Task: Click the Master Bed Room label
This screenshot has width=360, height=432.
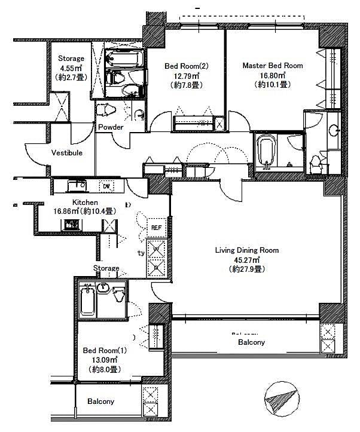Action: tap(272, 66)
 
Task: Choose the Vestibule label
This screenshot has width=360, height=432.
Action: tap(66, 153)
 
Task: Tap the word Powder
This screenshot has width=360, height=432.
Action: tap(111, 127)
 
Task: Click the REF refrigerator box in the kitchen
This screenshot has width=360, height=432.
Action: tap(155, 228)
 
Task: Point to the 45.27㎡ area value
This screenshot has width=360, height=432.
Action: tap(247, 260)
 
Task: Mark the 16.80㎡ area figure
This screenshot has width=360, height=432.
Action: tap(272, 75)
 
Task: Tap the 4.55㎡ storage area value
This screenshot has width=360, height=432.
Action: tap(71, 68)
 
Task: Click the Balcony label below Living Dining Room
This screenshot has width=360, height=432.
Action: tap(251, 342)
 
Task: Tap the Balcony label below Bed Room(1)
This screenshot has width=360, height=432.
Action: tap(100, 402)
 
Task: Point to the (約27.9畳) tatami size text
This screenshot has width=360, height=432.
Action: tap(247, 269)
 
